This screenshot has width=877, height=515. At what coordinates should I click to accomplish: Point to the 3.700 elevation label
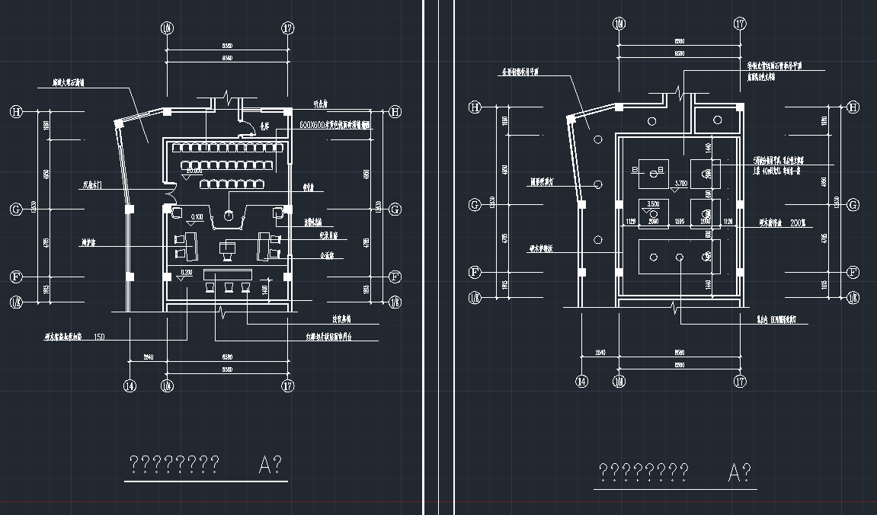click(680, 184)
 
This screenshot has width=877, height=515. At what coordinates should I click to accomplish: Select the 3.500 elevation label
click(652, 204)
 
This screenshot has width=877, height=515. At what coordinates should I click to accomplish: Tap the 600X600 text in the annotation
click(313, 123)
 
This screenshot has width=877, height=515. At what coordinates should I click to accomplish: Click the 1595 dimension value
click(680, 222)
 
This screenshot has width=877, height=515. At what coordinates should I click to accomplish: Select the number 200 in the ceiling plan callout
click(798, 222)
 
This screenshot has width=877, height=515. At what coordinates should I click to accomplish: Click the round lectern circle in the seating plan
click(228, 216)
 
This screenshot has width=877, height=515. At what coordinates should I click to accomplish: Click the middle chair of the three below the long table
click(228, 287)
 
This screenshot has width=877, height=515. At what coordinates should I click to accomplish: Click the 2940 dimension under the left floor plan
click(149, 356)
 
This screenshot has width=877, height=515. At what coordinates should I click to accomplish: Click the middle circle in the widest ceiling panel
click(679, 257)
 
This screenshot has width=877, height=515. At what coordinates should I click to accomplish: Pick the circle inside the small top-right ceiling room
click(718, 120)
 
